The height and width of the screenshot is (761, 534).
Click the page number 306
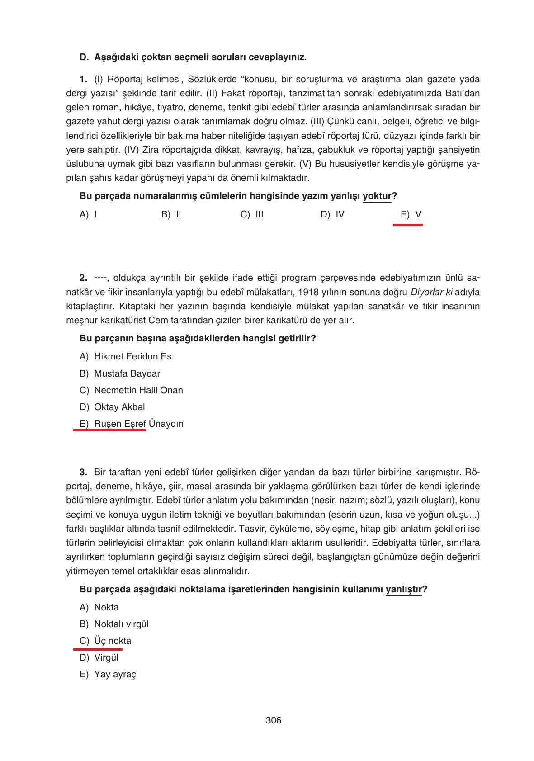(x=273, y=720)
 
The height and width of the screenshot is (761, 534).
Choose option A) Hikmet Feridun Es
(x=125, y=356)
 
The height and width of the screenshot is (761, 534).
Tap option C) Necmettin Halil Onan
(x=131, y=390)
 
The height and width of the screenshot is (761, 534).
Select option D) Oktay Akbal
(x=112, y=407)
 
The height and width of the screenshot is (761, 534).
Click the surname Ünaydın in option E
(x=166, y=424)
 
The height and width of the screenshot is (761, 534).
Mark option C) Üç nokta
(x=105, y=641)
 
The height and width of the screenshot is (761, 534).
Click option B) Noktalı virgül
(x=114, y=624)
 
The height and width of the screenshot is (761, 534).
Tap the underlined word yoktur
(x=377, y=196)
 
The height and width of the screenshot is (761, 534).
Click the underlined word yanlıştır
(x=403, y=589)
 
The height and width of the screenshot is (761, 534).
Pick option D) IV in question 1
(x=332, y=214)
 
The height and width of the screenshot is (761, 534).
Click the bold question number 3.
(x=83, y=472)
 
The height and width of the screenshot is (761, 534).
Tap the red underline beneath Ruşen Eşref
(x=109, y=430)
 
